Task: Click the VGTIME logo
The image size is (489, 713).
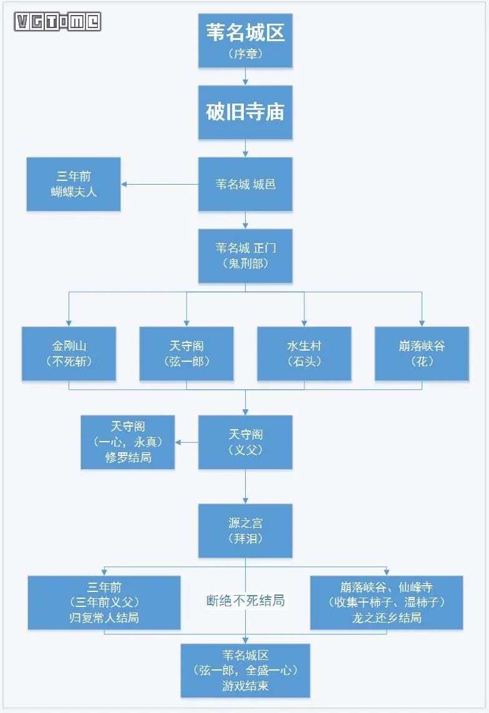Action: [x=58, y=22]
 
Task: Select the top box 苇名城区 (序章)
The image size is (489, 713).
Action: [x=245, y=40]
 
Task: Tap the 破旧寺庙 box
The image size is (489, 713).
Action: [x=245, y=112]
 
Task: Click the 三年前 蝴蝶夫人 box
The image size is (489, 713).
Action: [x=74, y=184]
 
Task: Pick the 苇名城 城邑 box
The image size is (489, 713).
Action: [x=245, y=184]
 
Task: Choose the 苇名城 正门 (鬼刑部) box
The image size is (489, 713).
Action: [x=245, y=256]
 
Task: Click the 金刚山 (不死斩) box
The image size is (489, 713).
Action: [x=69, y=353]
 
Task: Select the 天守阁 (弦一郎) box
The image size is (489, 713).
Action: [x=186, y=353]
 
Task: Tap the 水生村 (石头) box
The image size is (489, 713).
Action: [x=304, y=353]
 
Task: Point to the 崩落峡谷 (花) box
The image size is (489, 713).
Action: [x=422, y=353]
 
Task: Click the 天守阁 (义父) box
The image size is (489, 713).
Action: [x=245, y=442]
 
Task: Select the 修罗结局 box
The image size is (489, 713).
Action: [x=128, y=442]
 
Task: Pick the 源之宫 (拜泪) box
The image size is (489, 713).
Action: [x=245, y=531]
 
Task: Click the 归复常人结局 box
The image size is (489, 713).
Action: [x=104, y=602]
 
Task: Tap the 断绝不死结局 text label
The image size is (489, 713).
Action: [x=245, y=601]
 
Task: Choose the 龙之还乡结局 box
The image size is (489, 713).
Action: [x=386, y=602]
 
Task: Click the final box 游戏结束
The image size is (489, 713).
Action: [x=245, y=671]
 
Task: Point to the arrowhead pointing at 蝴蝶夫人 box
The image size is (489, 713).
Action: [x=125, y=184]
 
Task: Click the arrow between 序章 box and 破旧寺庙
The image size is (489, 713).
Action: [x=245, y=77]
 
